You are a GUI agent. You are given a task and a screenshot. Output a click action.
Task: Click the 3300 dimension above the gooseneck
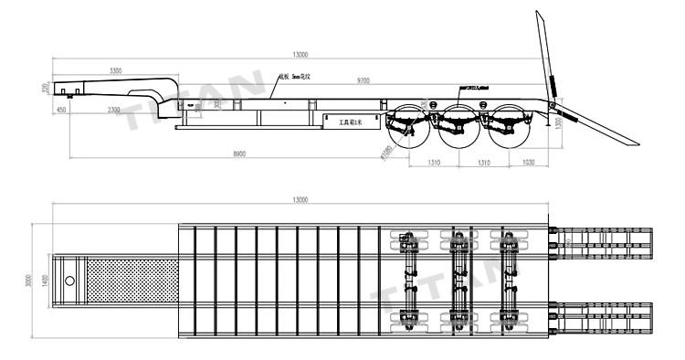[x=116, y=70]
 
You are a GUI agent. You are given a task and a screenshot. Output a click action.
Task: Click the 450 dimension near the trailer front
[x=61, y=111]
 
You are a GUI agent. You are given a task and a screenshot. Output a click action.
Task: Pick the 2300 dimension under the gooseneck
[x=114, y=111]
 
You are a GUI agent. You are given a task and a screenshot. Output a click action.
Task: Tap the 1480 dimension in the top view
[x=46, y=281]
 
